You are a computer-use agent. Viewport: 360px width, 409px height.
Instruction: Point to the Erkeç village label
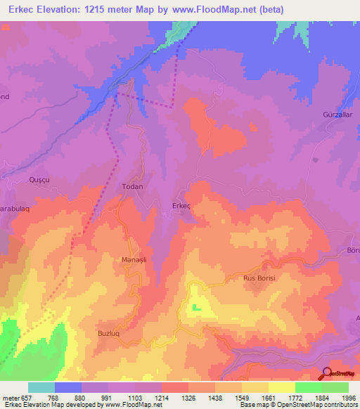[181, 205]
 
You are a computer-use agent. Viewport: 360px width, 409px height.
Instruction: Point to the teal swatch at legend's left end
[41, 387]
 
